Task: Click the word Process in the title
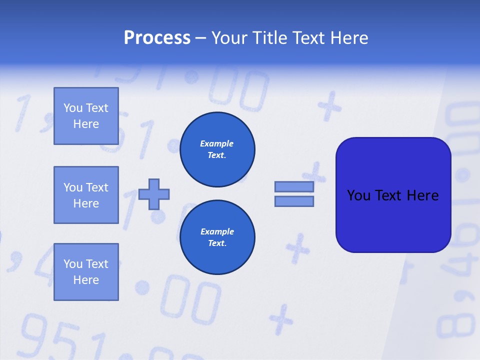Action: [x=157, y=38]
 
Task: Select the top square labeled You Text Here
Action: [x=86, y=116]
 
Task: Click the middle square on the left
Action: [x=86, y=195]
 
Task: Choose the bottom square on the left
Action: [x=86, y=272]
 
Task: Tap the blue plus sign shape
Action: [x=154, y=194]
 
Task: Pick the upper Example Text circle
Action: [x=217, y=149]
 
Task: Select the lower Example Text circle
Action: [x=217, y=237]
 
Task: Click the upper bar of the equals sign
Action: [x=294, y=186]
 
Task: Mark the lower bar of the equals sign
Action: [x=294, y=201]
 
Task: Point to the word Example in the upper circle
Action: [x=217, y=143]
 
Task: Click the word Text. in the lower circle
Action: [x=217, y=243]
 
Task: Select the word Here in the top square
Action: [x=86, y=124]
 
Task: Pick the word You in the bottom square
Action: [x=73, y=264]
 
